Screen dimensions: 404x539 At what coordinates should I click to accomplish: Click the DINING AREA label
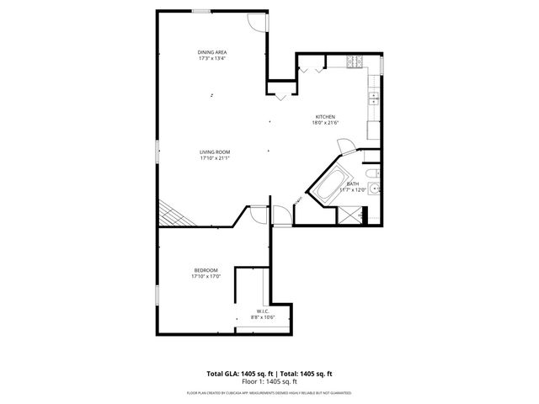212,52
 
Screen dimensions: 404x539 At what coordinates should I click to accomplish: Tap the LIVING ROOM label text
215,151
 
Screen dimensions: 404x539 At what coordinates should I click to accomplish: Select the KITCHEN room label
325,116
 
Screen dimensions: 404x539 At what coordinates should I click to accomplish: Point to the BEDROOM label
205,270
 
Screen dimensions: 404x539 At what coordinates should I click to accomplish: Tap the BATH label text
352,183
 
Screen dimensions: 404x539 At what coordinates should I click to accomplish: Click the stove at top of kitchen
355,61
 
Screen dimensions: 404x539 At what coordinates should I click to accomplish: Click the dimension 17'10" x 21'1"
215,158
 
